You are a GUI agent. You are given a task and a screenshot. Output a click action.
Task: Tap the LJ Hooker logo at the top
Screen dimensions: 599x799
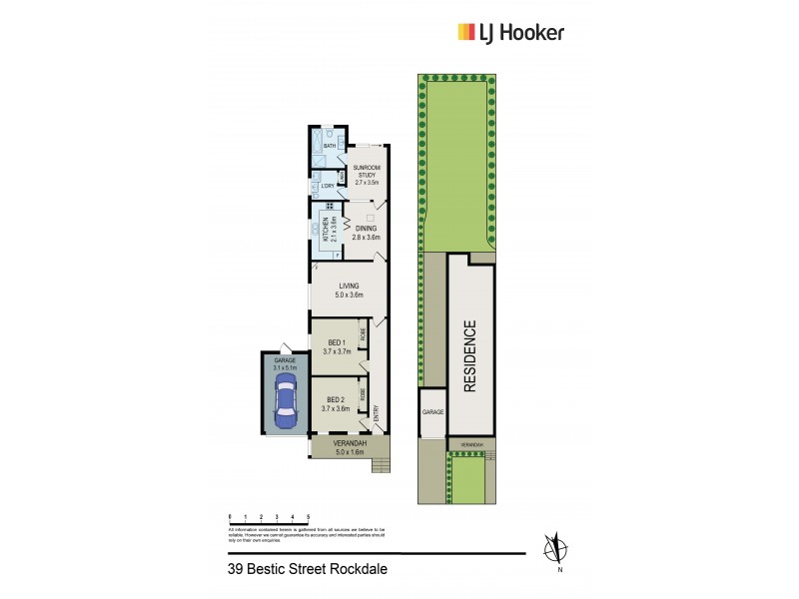click(x=510, y=32)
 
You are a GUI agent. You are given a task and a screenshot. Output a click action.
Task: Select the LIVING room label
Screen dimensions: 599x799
click(x=349, y=291)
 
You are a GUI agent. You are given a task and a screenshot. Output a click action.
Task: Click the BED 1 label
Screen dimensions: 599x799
click(x=337, y=345)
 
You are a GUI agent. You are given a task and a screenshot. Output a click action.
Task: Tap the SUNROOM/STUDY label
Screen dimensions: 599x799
click(x=369, y=175)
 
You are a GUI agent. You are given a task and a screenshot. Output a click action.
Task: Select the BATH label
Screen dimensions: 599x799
click(x=329, y=146)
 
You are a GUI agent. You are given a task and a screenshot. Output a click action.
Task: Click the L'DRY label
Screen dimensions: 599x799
click(x=327, y=186)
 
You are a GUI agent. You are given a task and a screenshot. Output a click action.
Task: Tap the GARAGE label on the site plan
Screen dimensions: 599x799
click(x=431, y=411)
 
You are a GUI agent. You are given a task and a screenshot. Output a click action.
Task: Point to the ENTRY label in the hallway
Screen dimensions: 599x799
click(x=376, y=412)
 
